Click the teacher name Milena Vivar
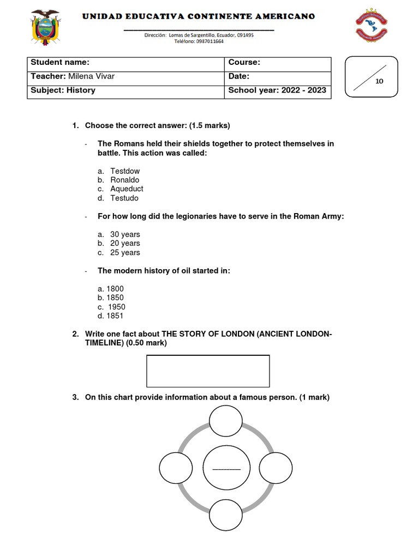91,77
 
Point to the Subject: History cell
63,90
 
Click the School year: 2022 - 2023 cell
277,90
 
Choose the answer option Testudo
124,198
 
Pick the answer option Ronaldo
125,180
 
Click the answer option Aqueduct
127,189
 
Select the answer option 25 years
125,253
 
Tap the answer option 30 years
125,235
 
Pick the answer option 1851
115,316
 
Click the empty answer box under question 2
208,371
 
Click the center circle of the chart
226,469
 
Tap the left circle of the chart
176,468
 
